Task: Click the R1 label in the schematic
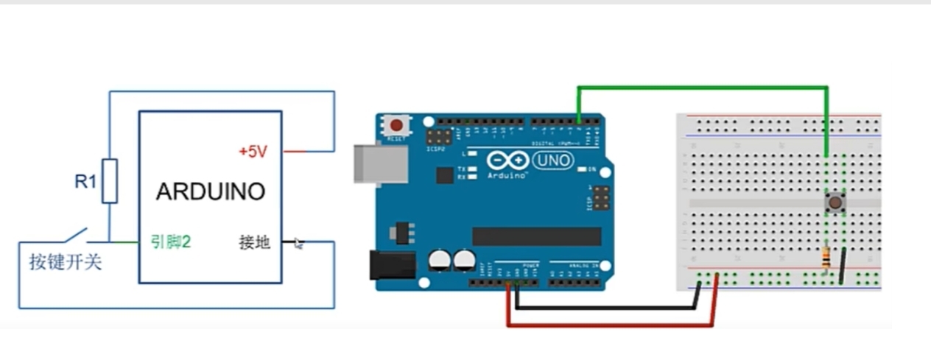point(85,181)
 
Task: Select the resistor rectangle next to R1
point(110,180)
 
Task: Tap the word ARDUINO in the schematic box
point(210,192)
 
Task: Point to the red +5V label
point(253,152)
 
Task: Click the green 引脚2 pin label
point(171,241)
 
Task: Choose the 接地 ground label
point(254,241)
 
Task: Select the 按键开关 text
point(65,262)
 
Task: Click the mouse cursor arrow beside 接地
point(298,243)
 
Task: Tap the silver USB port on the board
point(380,163)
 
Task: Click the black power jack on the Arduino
point(392,265)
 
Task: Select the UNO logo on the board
point(552,160)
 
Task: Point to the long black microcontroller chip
point(536,236)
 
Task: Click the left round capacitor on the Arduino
point(440,259)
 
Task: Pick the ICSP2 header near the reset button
point(440,137)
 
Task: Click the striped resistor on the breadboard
point(826,258)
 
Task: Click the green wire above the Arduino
point(700,88)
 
